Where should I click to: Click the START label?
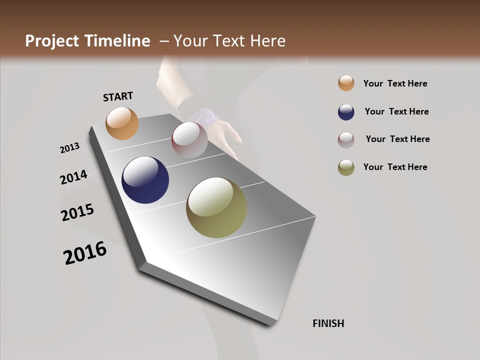point(118,96)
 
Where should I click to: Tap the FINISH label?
point(328,323)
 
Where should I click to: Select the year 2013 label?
point(70,148)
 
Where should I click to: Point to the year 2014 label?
point(73,177)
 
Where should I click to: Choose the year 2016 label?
point(85,253)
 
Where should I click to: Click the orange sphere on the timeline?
point(122,123)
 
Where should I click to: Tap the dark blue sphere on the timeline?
point(145,180)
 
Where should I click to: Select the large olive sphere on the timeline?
point(216,207)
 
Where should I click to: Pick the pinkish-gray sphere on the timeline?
point(189,140)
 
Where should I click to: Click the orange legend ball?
point(346,83)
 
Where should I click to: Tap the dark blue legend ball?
point(346,112)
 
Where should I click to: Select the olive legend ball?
point(346,167)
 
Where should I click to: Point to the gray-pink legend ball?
point(346,140)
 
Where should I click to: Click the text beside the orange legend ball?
point(395,83)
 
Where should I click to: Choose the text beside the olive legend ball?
point(395,167)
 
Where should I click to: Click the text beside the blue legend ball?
point(396,111)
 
